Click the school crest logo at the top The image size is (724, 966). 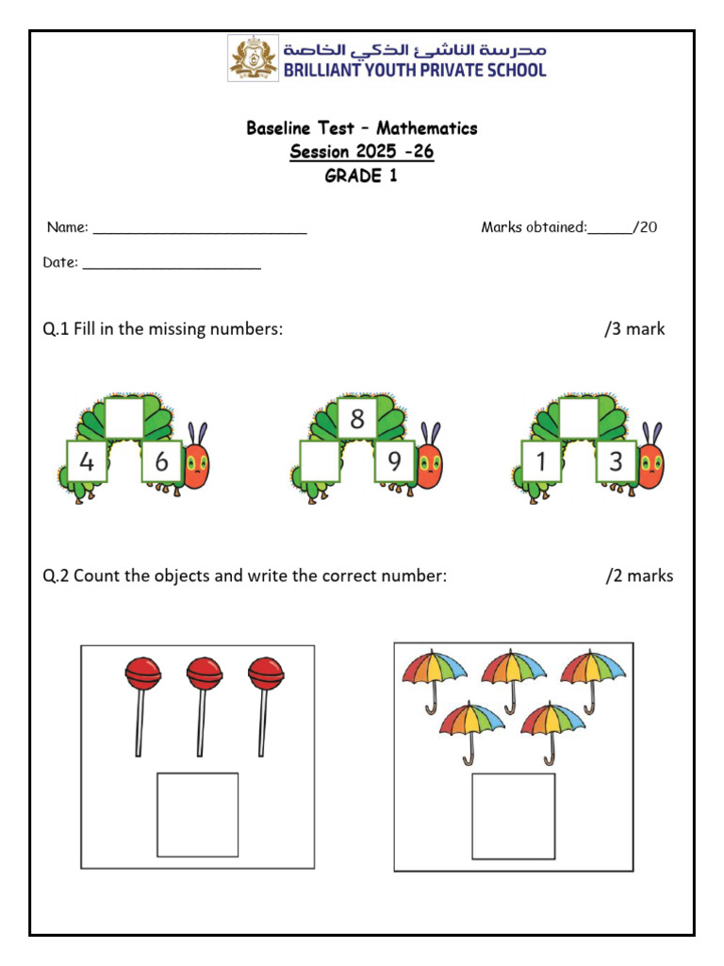254,58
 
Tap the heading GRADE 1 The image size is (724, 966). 361,176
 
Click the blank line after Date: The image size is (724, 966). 172,266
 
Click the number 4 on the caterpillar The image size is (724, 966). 87,462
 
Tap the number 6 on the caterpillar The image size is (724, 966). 161,462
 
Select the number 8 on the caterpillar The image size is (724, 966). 356,418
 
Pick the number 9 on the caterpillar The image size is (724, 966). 394,462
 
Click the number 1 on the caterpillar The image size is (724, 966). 541,462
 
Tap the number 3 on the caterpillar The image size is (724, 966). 617,462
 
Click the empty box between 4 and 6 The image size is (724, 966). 123,418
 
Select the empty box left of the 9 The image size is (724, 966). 320,462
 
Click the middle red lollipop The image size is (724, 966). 204,674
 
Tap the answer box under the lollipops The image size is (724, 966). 197,814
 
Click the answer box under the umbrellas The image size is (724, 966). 513,816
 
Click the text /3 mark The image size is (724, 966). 634,329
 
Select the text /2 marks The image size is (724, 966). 639,575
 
